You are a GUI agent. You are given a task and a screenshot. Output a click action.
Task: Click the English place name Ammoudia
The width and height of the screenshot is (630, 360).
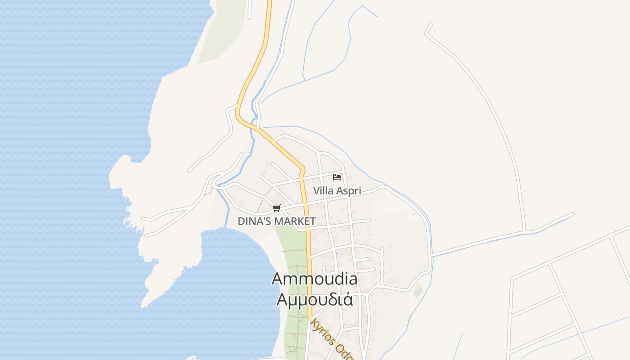315,279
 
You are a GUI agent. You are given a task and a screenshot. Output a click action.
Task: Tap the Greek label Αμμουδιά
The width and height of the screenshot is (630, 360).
315,299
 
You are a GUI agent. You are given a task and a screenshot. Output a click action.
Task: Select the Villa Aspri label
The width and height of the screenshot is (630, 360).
337,191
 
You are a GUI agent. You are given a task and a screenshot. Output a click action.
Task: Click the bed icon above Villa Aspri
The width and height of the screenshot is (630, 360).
337,177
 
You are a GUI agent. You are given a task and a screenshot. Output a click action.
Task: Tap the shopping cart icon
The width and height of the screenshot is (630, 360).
277,208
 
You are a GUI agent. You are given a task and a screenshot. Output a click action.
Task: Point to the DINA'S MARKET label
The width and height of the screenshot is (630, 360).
277,221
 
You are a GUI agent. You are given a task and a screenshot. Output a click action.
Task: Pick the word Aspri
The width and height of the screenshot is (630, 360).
349,191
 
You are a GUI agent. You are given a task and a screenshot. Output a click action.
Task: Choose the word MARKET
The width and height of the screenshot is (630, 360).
295,221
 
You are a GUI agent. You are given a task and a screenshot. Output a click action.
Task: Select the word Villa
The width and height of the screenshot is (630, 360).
323,191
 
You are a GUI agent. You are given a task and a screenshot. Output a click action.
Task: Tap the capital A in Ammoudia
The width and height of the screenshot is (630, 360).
277,279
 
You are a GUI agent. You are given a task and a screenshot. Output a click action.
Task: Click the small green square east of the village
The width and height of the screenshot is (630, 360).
418,291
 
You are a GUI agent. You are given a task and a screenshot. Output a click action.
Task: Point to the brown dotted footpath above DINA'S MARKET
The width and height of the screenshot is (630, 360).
263,200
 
